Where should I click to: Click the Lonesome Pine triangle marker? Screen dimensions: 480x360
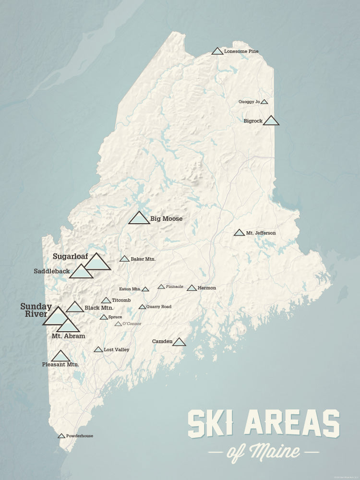217,51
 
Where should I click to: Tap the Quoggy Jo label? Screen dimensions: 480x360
249,102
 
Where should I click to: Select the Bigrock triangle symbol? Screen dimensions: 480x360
271,121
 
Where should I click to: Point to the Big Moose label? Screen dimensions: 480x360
166,219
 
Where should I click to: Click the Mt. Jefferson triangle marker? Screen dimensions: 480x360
239,233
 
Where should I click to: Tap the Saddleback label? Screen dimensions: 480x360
52,271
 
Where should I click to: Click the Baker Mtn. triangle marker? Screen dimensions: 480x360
124,259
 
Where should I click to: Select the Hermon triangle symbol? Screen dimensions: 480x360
192,288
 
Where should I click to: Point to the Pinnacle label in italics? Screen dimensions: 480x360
174,287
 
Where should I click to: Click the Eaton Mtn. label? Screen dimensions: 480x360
130,289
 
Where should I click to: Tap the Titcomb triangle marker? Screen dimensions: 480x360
106,300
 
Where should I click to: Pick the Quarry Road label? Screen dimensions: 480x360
159,307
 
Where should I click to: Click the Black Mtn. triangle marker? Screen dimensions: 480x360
75,307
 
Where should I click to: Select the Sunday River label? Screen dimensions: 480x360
36,310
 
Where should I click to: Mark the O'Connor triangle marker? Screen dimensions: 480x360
118,324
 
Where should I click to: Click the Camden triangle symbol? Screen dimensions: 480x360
179,342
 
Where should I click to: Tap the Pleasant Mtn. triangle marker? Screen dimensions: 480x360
60,356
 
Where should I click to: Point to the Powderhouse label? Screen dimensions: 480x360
80,436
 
